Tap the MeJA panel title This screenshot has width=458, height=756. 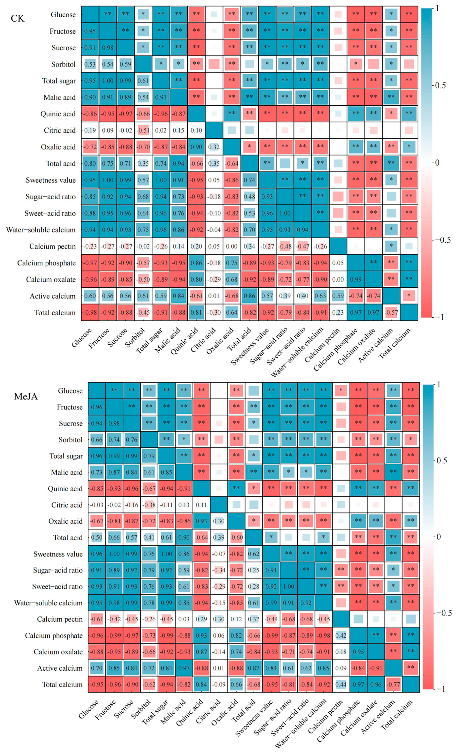pyautogui.click(x=26, y=396)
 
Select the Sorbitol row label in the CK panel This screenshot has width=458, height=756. pyautogui.click(x=63, y=64)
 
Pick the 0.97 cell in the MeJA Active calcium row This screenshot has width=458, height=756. pyautogui.click(x=184, y=668)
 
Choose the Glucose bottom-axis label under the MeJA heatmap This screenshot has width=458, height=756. pyautogui.click(x=88, y=709)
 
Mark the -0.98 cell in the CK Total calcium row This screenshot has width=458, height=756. pyautogui.click(x=90, y=313)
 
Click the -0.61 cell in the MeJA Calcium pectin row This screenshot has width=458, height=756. pyautogui.click(x=97, y=619)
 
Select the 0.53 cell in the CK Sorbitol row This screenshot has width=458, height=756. pyautogui.click(x=90, y=64)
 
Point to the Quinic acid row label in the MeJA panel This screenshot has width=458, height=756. pyautogui.click(x=65, y=489)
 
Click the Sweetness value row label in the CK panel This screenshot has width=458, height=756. pyautogui.click(x=51, y=180)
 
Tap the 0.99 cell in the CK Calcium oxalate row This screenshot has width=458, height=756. pyautogui.click(x=356, y=279)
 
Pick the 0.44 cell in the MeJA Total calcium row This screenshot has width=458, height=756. pyautogui.click(x=341, y=684)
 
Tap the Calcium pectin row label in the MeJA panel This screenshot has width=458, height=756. pyautogui.click(x=60, y=619)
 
